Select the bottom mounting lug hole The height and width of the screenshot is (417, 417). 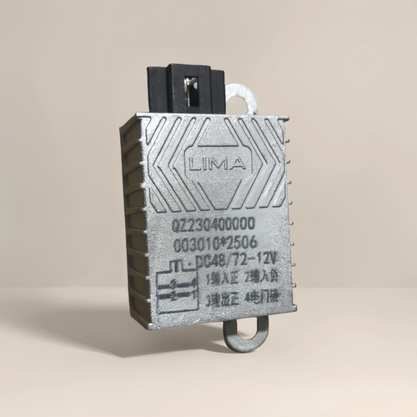[x=247, y=334]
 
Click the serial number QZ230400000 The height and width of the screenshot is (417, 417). [x=214, y=224]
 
